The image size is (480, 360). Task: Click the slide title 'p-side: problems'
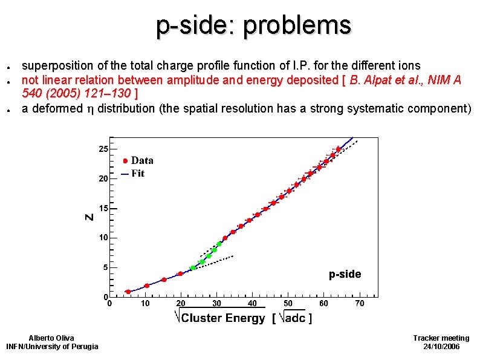[253, 25]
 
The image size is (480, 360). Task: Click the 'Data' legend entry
[141, 160]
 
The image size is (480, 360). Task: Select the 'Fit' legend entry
[138, 174]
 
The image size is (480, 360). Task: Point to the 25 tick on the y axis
[104, 149]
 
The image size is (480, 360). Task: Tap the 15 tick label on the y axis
[104, 208]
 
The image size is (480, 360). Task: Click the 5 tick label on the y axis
[106, 267]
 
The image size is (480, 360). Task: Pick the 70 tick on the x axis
[360, 303]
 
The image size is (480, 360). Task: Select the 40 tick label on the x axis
[253, 303]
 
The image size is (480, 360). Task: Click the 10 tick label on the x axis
[145, 303]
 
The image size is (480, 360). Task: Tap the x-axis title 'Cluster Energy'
[223, 318]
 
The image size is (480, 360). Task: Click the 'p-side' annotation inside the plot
[345, 274]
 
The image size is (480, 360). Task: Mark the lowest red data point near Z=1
[128, 292]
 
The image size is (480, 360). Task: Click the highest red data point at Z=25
[339, 149]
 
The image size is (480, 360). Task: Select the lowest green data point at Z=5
[193, 268]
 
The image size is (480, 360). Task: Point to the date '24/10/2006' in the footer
[441, 346]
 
